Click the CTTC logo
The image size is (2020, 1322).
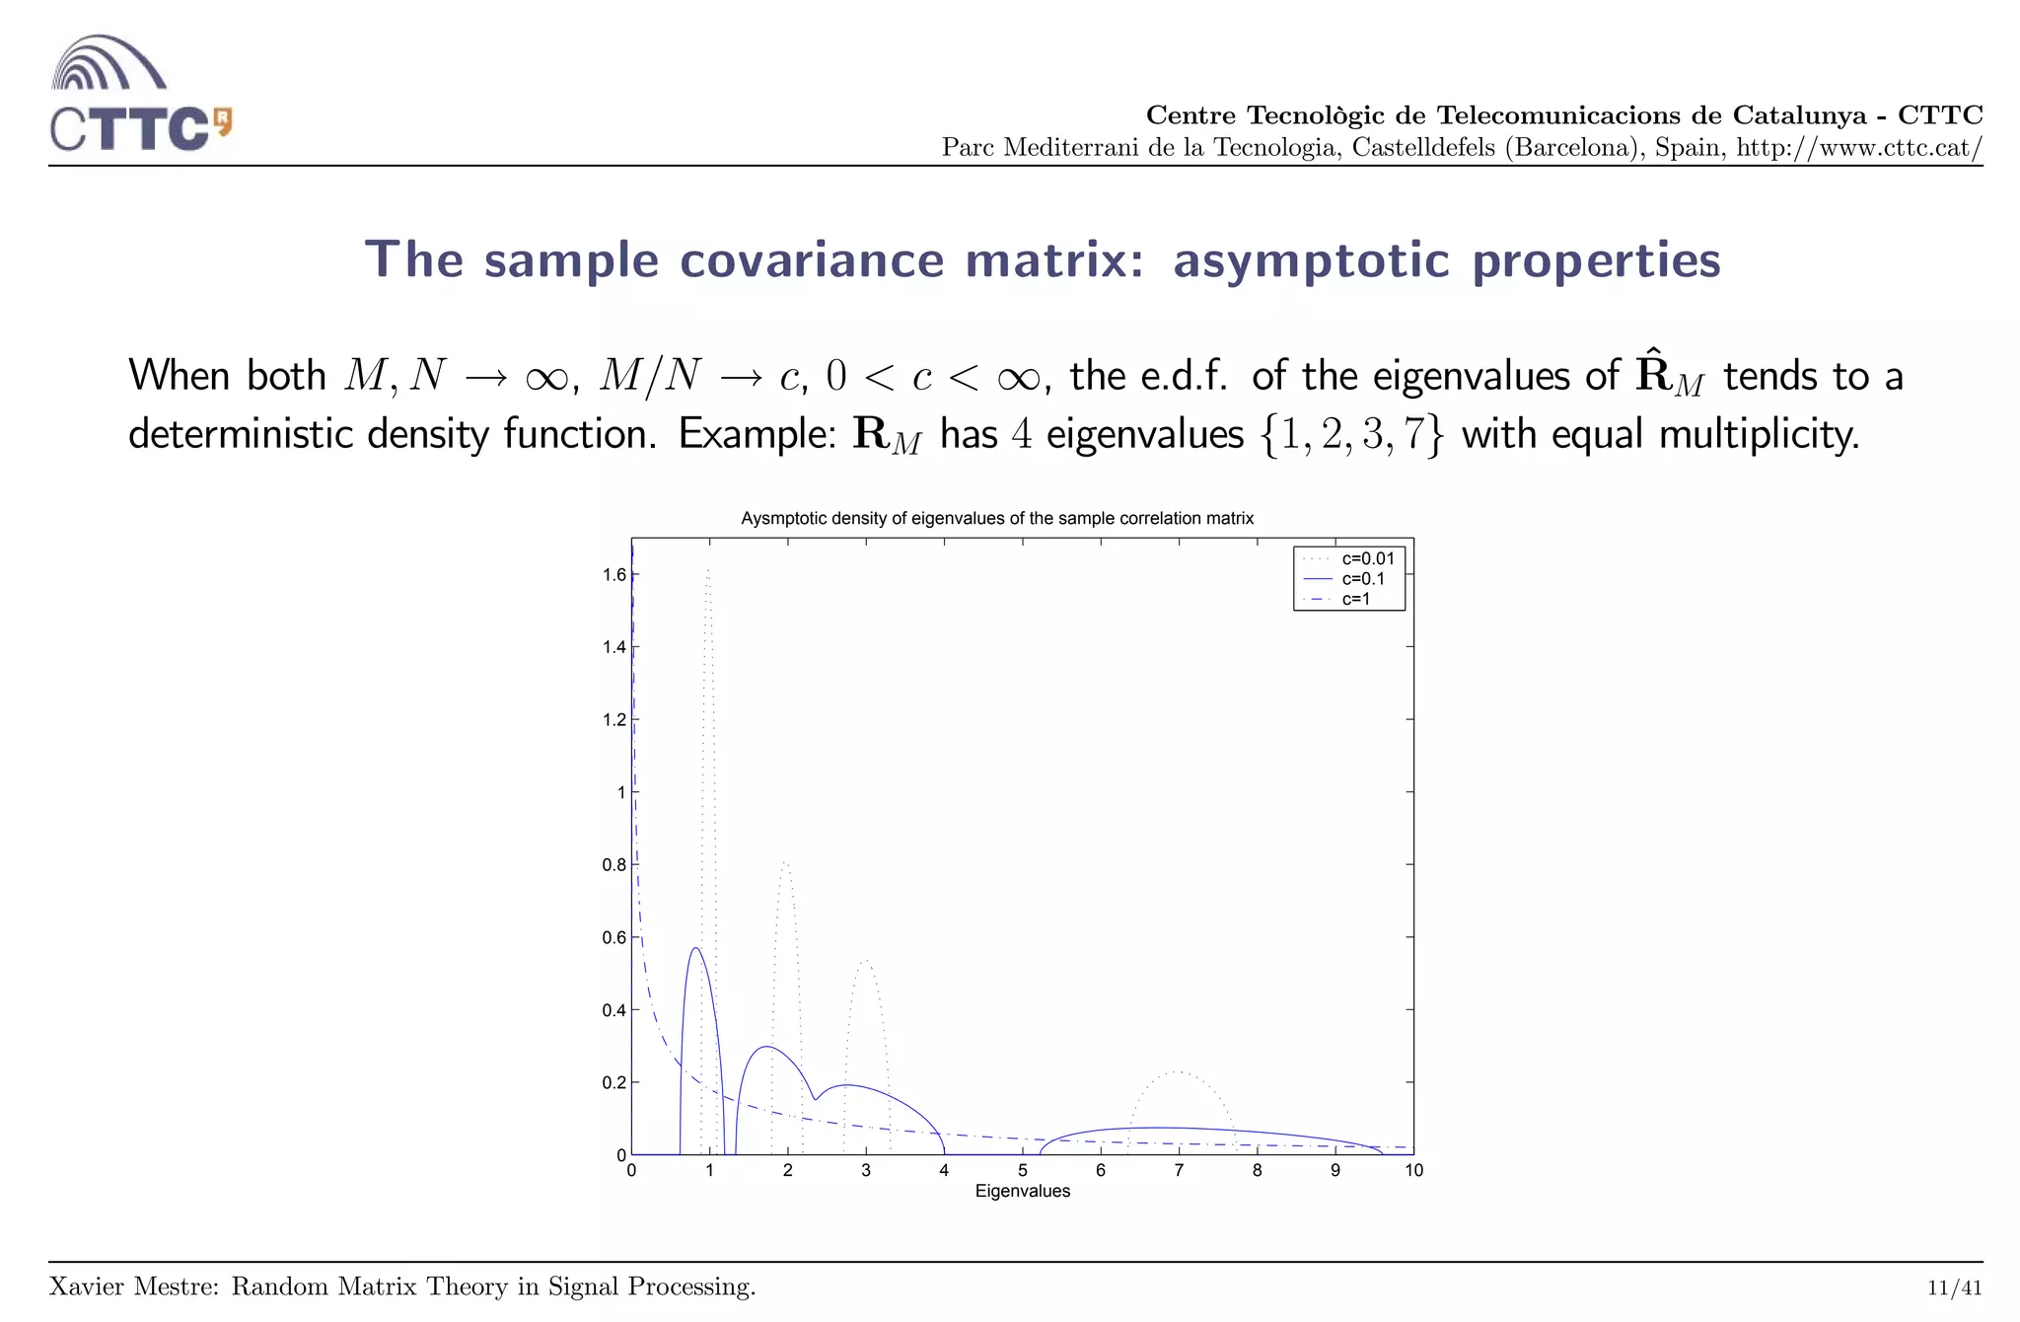click(x=139, y=94)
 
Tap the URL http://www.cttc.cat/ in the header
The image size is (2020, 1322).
click(x=1858, y=148)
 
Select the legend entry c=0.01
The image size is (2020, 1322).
click(x=1367, y=558)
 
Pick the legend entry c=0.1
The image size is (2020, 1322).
click(x=1362, y=579)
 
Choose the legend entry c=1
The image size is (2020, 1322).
click(x=1355, y=599)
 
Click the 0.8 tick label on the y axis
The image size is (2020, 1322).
click(x=614, y=865)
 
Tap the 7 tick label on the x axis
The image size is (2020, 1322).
click(x=1179, y=1171)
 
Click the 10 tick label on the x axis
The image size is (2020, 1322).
click(x=1413, y=1171)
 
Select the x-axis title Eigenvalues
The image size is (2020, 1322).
click(x=1022, y=1192)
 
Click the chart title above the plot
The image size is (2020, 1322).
click(x=996, y=519)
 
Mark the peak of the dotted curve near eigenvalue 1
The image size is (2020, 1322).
click(x=708, y=570)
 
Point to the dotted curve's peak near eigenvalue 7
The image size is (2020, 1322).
click(x=1178, y=1072)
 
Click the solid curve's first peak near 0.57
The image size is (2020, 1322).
click(x=695, y=948)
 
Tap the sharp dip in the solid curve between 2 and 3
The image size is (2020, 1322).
click(x=815, y=1099)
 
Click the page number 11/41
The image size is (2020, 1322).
click(x=1954, y=1287)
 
